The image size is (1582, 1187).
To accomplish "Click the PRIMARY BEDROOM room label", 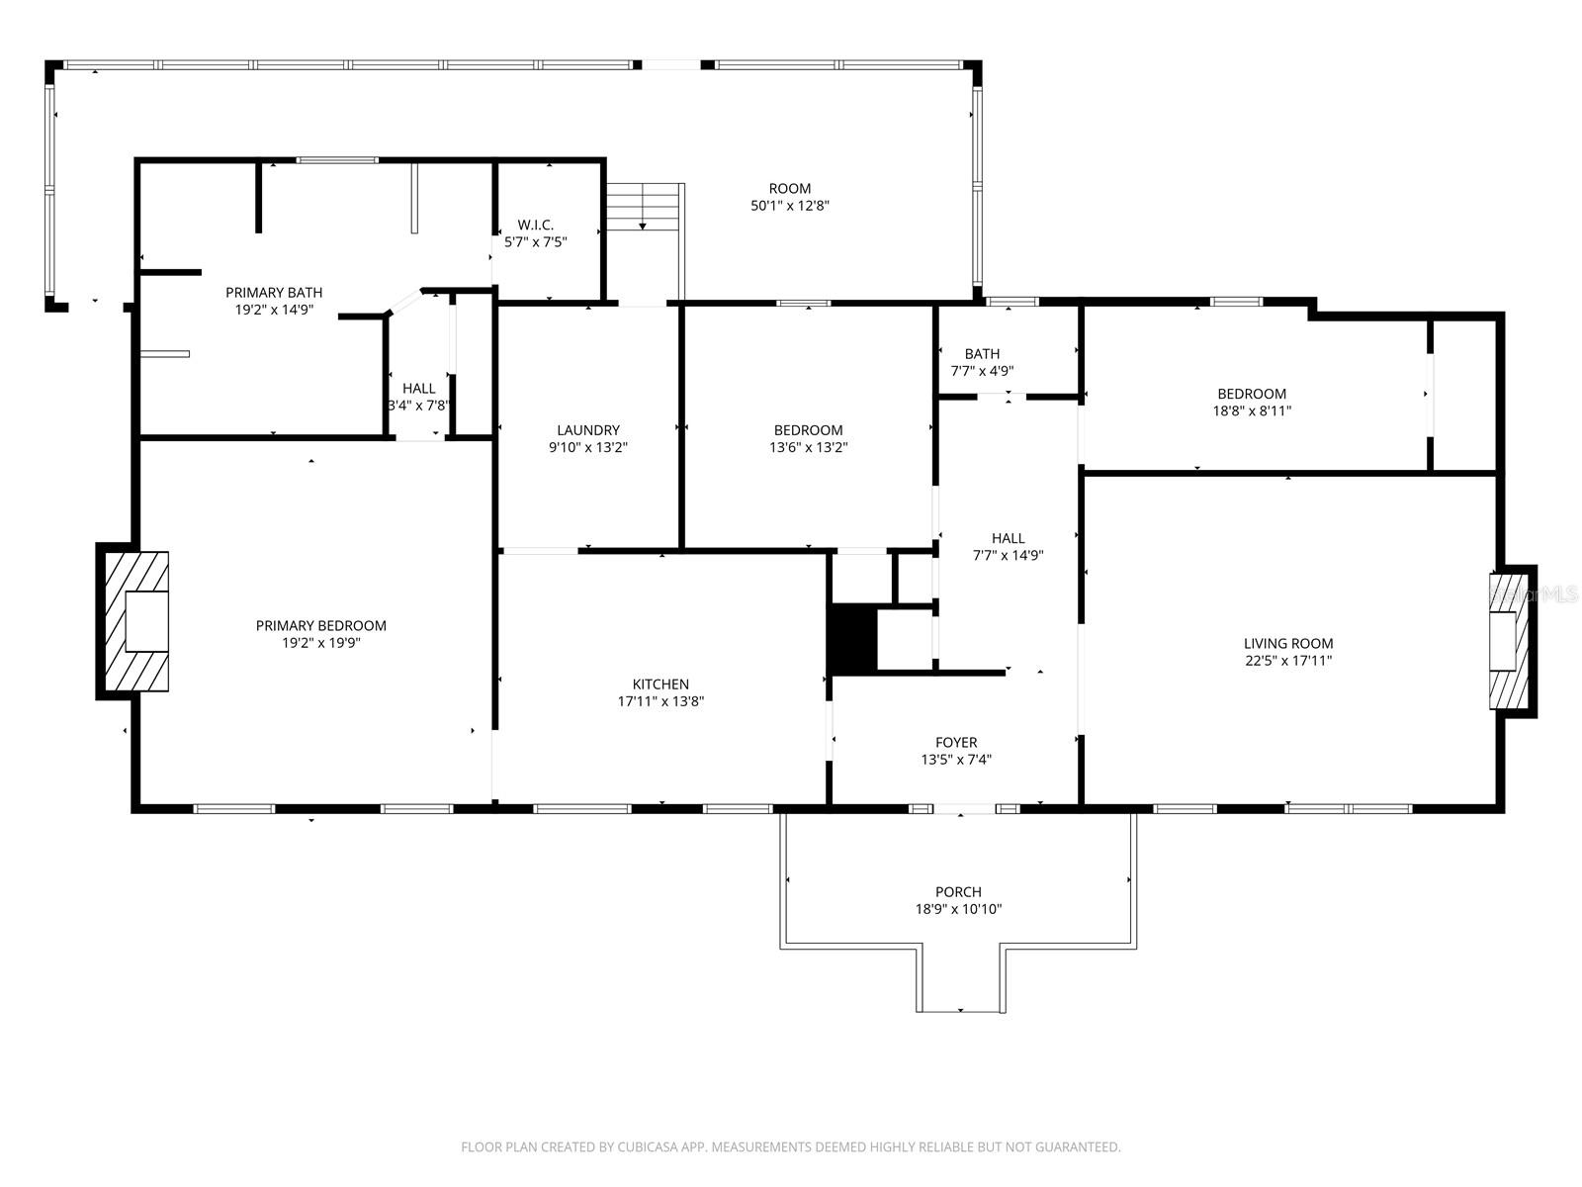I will click(x=320, y=625).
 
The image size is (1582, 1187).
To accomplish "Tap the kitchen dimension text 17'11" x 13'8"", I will click(x=660, y=701).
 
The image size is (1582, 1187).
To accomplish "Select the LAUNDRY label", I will click(x=587, y=429).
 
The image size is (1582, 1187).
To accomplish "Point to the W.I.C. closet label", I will click(x=535, y=225).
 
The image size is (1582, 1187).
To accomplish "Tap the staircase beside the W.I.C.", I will click(x=644, y=207).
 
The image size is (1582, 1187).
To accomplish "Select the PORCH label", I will click(x=958, y=891).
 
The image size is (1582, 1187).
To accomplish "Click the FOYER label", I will click(x=956, y=742).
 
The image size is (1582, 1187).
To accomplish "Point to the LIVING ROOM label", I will click(x=1288, y=643).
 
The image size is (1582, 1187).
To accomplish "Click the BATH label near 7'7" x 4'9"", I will click(x=982, y=353).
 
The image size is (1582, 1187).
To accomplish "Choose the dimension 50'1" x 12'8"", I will click(x=789, y=206).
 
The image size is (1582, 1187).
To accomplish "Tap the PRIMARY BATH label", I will click(x=274, y=292).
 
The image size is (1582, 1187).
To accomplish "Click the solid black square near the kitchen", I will click(x=853, y=638).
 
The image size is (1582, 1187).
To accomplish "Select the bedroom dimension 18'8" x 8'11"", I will click(x=1252, y=411).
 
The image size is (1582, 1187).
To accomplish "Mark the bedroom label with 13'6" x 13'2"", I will click(x=808, y=429).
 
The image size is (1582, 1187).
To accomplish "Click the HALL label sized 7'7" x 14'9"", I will click(x=1008, y=538).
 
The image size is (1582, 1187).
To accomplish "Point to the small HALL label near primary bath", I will click(x=418, y=388).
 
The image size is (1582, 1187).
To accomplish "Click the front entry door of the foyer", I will click(x=964, y=809).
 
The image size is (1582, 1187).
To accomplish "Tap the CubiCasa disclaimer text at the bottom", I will click(x=790, y=1146).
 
